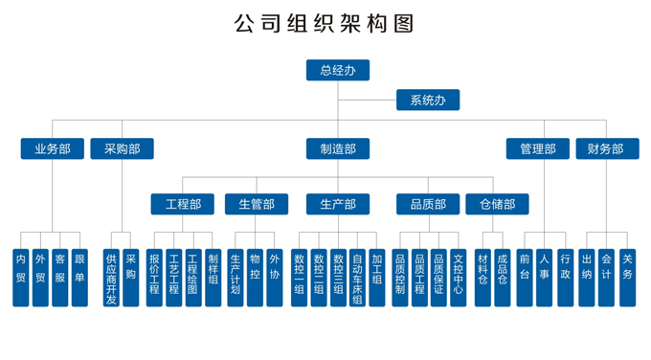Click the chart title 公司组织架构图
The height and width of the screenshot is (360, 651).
pyautogui.click(x=325, y=23)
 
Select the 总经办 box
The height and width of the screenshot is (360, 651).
pyautogui.click(x=337, y=70)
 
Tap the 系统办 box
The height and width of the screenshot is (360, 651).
pyautogui.click(x=427, y=100)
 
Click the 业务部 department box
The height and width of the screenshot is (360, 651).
pyautogui.click(x=53, y=148)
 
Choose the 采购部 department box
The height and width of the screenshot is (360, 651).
pyautogui.click(x=122, y=148)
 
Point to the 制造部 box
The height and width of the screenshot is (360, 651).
pyautogui.click(x=337, y=148)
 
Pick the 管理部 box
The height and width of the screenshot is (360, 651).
pyautogui.click(x=538, y=148)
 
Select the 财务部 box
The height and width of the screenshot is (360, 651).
pyautogui.click(x=606, y=148)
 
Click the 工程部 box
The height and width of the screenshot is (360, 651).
pyautogui.click(x=183, y=204)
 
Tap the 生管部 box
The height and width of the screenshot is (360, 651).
pyautogui.click(x=257, y=204)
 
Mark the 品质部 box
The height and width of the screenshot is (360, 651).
pyautogui.click(x=428, y=204)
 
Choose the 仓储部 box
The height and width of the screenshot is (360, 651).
pyautogui.click(x=496, y=204)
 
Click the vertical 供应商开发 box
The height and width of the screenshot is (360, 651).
pyautogui.click(x=111, y=278)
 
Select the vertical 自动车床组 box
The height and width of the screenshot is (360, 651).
pyautogui.click(x=356, y=278)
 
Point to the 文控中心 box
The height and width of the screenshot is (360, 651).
pyautogui.click(x=459, y=278)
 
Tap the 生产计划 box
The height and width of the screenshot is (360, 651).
pyautogui.click(x=236, y=278)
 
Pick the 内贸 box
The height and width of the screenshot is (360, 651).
pyautogui.click(x=21, y=278)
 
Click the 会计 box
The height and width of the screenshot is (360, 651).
pyautogui.click(x=607, y=278)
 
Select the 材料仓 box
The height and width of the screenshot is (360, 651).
pyautogui.click(x=483, y=278)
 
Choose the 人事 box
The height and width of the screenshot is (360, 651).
pyautogui.click(x=544, y=278)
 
